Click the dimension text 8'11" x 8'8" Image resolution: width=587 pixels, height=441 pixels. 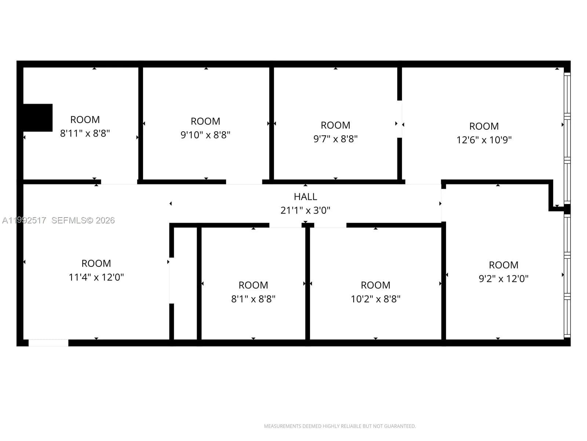[x=85, y=133]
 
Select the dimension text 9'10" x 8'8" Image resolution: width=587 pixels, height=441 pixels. [x=205, y=135]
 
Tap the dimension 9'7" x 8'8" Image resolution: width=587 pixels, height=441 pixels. [x=335, y=139]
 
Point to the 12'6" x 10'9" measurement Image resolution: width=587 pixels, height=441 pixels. [x=484, y=140]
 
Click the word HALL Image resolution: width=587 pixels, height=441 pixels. [x=305, y=197]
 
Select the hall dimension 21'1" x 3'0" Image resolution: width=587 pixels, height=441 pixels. [x=305, y=211]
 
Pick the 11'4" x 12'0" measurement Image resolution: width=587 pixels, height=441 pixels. [x=96, y=277]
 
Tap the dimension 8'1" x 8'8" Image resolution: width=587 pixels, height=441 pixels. [x=253, y=299]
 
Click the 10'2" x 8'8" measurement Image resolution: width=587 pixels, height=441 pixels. [x=375, y=299]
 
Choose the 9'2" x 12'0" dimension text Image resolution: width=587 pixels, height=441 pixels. [x=503, y=279]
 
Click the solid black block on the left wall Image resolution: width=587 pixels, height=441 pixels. [x=38, y=118]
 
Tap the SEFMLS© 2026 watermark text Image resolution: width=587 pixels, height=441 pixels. [x=83, y=220]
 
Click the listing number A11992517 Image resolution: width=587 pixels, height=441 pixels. [x=24, y=220]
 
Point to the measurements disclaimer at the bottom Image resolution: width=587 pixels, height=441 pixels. [x=340, y=426]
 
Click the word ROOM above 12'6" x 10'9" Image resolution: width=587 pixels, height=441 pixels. [x=484, y=126]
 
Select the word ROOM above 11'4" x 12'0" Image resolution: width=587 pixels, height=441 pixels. [x=96, y=263]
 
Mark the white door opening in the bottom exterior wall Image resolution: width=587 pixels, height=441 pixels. [x=48, y=343]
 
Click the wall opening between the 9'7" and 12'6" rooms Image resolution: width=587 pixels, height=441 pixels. [x=400, y=119]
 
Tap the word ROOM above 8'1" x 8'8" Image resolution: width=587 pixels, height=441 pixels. [x=253, y=285]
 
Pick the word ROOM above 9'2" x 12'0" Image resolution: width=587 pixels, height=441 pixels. [x=503, y=265]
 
